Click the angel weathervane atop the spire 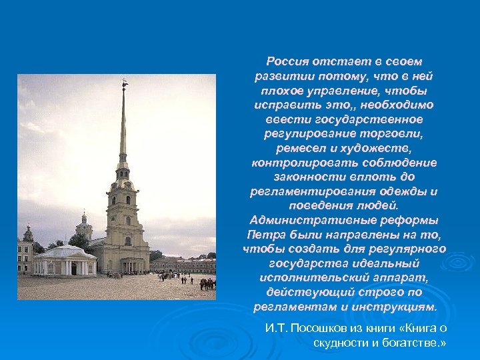tap(124, 84)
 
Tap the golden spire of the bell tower tap(123, 127)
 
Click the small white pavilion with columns tap(65, 261)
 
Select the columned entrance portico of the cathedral tap(134, 265)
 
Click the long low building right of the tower tap(184, 264)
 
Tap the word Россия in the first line tap(285, 61)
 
